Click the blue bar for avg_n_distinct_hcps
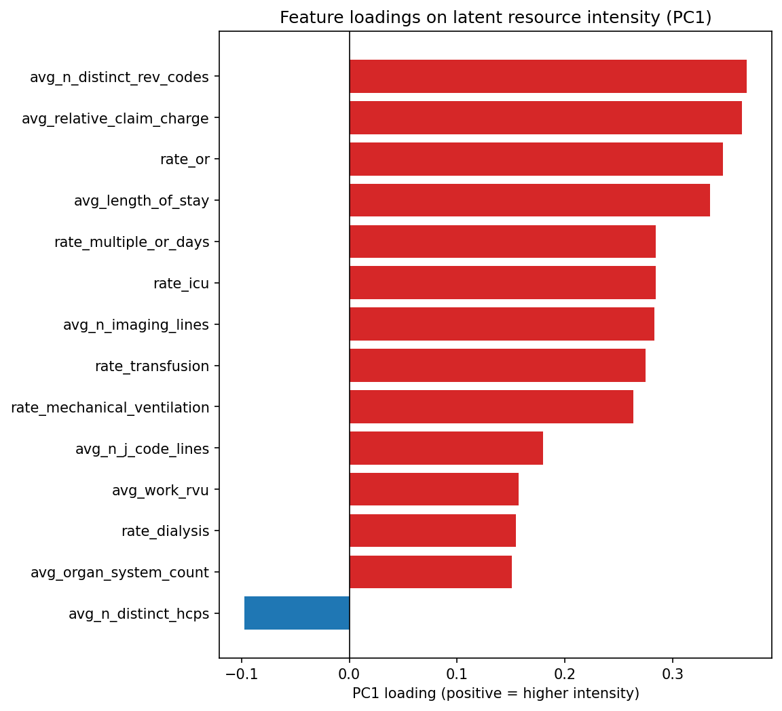click(297, 613)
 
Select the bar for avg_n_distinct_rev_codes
click(548, 77)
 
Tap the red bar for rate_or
click(536, 159)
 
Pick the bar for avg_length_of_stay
click(529, 201)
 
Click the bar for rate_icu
click(502, 283)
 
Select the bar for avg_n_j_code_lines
click(446, 448)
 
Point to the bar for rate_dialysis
click(432, 531)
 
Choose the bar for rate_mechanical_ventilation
click(491, 407)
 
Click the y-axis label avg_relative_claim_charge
click(115, 119)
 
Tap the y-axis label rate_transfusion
click(151, 366)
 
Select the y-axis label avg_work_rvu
click(160, 490)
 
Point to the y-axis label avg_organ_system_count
click(119, 573)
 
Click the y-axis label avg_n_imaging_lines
click(136, 325)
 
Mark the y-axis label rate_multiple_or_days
click(131, 242)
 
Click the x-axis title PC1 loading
click(496, 693)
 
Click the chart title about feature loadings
click(496, 18)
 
